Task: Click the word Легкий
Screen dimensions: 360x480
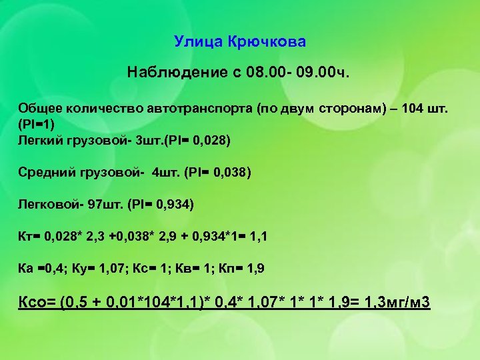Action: click(x=38, y=141)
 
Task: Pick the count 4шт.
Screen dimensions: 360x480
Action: click(x=167, y=173)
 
